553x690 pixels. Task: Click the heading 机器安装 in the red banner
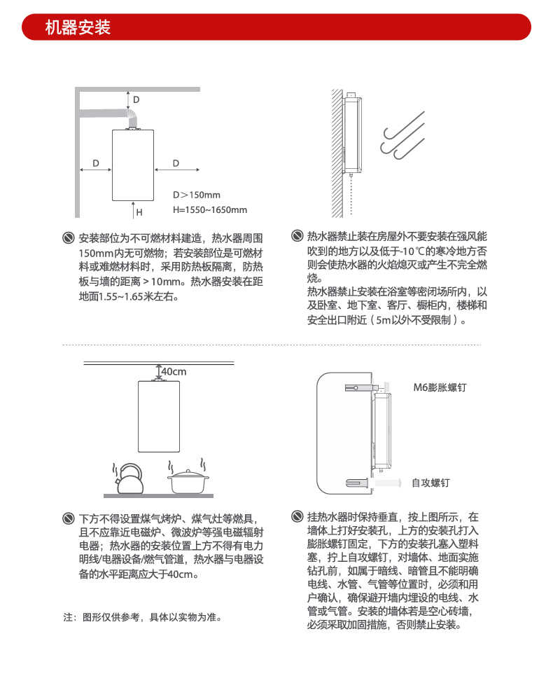click(78, 28)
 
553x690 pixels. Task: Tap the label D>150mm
click(197, 195)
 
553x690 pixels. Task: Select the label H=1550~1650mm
click(210, 209)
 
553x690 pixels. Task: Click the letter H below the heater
click(139, 212)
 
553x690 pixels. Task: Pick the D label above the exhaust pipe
click(136, 99)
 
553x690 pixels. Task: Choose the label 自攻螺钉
click(430, 483)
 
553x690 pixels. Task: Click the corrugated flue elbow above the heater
click(131, 116)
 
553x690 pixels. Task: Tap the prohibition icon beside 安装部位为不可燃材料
click(68, 237)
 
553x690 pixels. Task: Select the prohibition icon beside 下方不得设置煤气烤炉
click(68, 519)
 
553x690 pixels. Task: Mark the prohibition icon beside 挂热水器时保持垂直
click(296, 517)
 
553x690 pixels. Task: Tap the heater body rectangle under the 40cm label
click(159, 416)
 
